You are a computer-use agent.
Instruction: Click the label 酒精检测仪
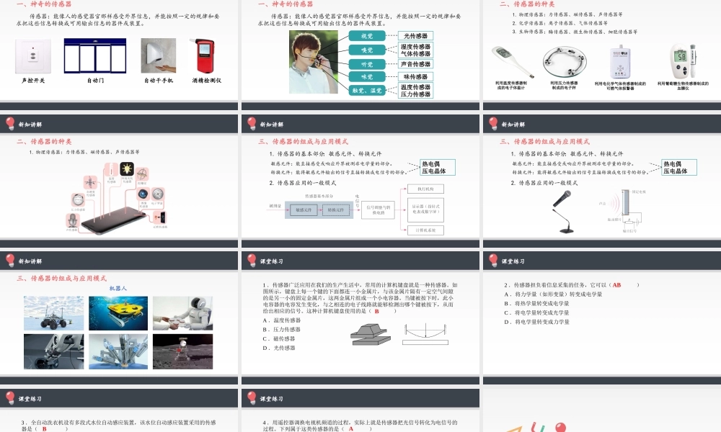(207, 80)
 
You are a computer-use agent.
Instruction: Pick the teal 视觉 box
(366, 35)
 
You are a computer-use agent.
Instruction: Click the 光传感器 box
(416, 35)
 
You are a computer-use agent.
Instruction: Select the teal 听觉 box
(366, 63)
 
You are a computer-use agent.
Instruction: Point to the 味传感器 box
(416, 76)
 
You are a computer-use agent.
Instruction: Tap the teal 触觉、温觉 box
(366, 91)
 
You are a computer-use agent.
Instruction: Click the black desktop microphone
(564, 212)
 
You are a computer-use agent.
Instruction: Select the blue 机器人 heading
(118, 288)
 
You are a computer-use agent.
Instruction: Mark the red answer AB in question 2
(616, 284)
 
